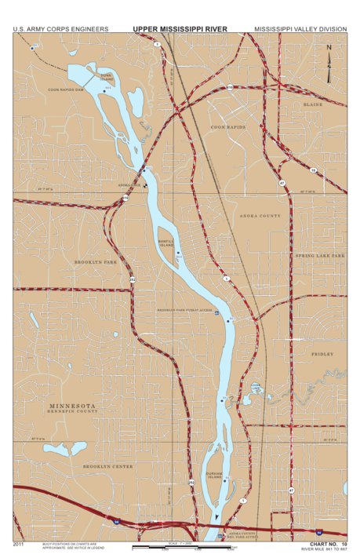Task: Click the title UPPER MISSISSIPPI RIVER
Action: point(180,29)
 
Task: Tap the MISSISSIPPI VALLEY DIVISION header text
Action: point(300,29)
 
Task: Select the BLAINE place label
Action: point(312,103)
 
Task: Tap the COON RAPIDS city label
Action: point(228,126)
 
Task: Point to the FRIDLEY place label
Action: point(322,354)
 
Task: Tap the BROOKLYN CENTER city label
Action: point(109,466)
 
